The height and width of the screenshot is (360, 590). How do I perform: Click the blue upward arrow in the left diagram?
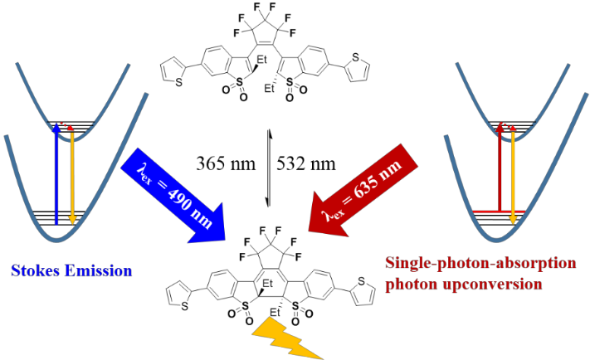(x=56, y=174)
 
